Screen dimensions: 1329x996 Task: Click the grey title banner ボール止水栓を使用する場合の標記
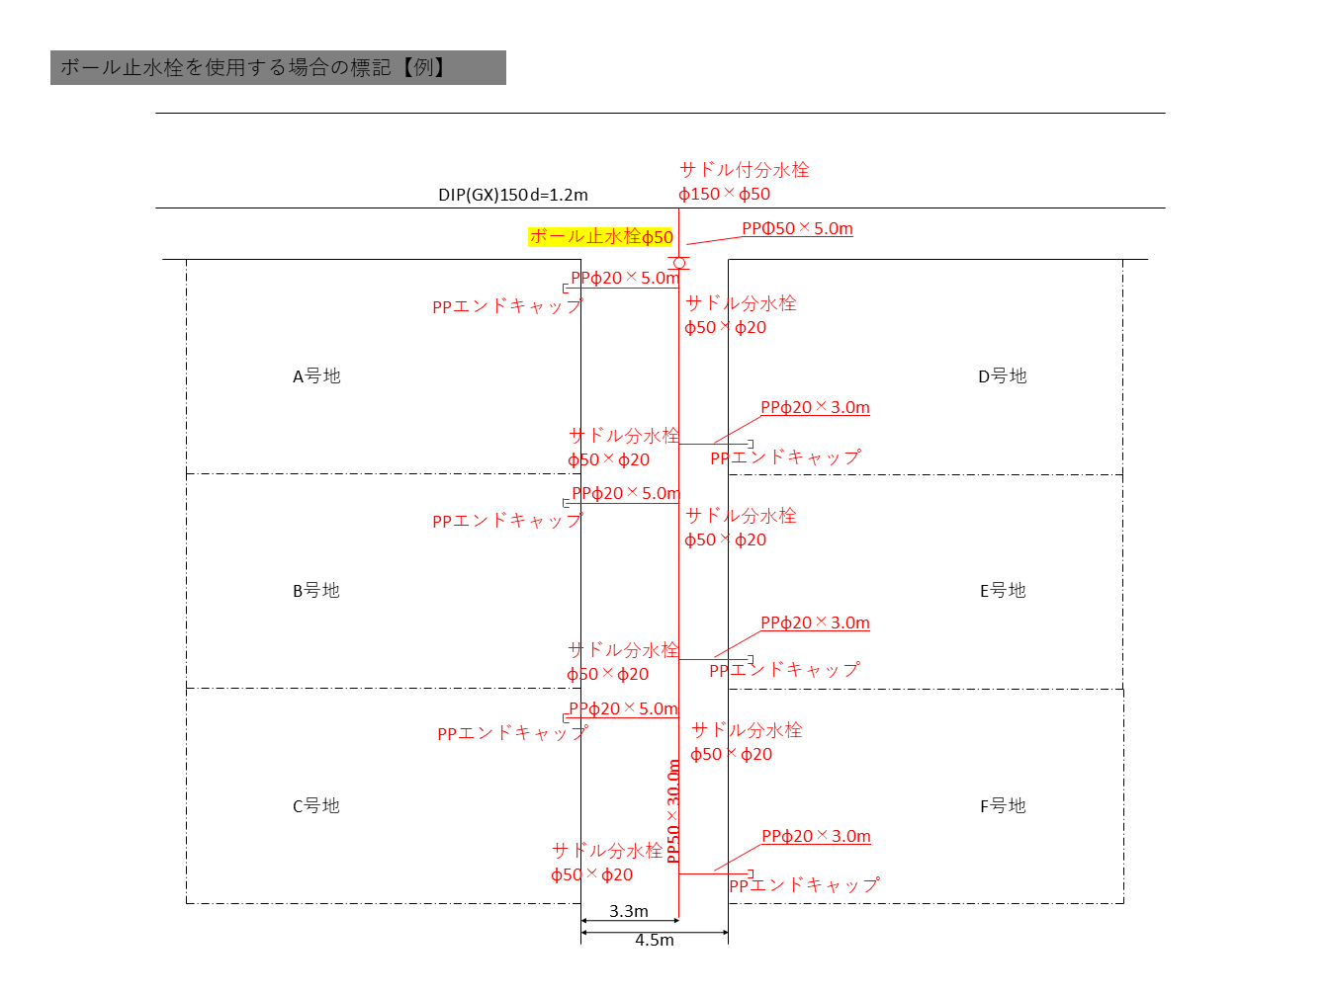(278, 68)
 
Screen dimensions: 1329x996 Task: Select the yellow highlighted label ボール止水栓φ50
(600, 236)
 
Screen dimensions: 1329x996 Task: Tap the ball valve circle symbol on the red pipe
(679, 263)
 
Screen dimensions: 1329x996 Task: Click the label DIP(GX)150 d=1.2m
(513, 195)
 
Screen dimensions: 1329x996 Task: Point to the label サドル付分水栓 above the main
(745, 170)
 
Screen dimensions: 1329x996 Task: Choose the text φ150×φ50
(724, 194)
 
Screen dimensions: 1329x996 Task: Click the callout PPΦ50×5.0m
(797, 228)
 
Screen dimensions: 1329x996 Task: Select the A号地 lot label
(316, 376)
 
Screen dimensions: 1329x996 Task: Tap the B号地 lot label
(316, 590)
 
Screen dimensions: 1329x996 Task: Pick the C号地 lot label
(316, 806)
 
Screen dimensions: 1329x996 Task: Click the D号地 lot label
(1003, 376)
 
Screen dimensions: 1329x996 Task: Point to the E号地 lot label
(1003, 590)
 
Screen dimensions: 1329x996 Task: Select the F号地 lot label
(1003, 806)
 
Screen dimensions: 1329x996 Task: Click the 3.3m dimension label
(629, 911)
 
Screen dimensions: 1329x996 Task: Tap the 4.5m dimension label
(654, 940)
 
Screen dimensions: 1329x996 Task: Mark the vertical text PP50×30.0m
(673, 811)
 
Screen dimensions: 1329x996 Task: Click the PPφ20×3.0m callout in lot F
(816, 836)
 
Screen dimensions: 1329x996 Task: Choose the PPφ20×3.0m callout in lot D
(815, 408)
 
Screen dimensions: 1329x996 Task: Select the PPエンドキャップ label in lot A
(507, 306)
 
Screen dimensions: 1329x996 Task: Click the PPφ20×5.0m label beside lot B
(626, 493)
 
